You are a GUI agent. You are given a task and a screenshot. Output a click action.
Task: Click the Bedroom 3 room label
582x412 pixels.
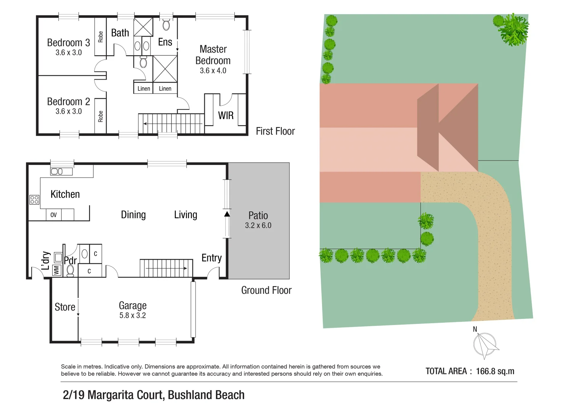point(68,43)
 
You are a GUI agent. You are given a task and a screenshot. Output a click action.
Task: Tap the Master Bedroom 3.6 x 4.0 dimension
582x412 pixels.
point(213,71)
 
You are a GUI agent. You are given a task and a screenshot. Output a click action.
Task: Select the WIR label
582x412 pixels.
point(226,116)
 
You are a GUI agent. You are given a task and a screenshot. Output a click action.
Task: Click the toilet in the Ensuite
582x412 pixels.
point(166,25)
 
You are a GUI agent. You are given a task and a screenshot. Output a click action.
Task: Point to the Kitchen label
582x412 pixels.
point(65,194)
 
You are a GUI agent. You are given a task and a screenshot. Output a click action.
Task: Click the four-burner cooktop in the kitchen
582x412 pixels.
point(34,200)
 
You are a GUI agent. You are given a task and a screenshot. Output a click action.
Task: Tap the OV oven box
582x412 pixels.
point(53,215)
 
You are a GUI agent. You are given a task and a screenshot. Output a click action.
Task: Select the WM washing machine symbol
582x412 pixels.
point(56,270)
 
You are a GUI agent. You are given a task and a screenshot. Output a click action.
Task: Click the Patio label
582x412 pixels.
point(258,216)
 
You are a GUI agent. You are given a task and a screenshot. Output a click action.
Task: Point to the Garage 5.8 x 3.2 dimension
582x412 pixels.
point(132,315)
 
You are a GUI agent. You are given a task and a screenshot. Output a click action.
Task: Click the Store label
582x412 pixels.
point(65,307)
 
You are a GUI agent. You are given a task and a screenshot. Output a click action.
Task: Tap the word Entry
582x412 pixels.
point(212,258)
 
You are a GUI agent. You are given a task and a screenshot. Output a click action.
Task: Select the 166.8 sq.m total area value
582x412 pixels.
point(495,371)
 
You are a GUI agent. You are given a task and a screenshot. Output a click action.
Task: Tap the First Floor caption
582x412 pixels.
point(275,131)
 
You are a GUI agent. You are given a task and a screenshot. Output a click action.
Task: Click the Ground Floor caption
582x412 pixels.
point(266,290)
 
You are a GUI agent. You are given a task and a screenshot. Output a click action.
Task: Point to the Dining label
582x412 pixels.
point(133,215)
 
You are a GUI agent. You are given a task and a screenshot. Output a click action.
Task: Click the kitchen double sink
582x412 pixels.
point(57,172)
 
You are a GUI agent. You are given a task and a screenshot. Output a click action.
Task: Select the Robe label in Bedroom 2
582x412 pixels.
point(100,116)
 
